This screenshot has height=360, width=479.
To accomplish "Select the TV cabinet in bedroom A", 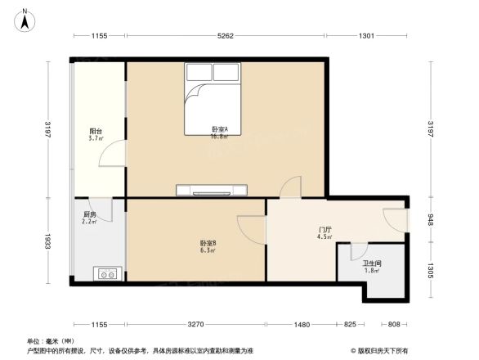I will tap(211, 191).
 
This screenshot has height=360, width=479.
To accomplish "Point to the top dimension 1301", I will tap(367, 36).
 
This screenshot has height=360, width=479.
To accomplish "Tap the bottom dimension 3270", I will tap(195, 325).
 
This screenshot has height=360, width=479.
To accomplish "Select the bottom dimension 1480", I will tap(302, 325).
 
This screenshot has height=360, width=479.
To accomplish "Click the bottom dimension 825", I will tap(350, 325).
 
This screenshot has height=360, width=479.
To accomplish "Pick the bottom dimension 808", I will tap(393, 325).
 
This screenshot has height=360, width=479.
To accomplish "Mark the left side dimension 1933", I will tap(47, 241).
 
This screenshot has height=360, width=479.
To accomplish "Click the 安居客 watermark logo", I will tap(380, 349).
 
